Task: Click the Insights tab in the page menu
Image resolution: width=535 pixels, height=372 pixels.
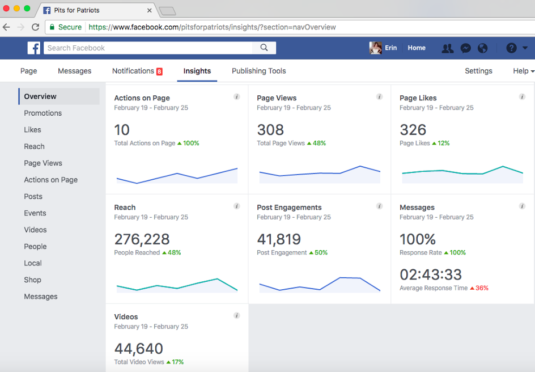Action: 197,71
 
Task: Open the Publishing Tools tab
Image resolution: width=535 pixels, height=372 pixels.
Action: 258,71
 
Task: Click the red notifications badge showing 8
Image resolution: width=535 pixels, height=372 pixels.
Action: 159,71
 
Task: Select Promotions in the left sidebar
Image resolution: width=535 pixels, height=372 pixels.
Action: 43,113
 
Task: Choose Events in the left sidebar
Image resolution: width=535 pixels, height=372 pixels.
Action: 35,213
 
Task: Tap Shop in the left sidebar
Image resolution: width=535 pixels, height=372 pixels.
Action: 32,280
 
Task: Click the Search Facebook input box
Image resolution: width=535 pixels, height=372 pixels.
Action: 150,48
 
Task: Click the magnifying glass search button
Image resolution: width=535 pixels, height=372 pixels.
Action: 264,48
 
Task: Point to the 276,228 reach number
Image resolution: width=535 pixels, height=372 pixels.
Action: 142,239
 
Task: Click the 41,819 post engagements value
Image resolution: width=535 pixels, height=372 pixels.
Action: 279,239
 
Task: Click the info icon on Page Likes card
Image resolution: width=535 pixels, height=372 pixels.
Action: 522,97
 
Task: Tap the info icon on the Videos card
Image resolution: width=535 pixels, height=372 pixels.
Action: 237,315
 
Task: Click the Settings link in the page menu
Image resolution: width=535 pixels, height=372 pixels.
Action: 478,71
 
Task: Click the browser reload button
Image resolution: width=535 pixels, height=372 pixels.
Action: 35,27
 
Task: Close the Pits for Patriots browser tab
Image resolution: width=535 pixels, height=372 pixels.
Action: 150,10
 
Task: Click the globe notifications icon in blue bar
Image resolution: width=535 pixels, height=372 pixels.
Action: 483,48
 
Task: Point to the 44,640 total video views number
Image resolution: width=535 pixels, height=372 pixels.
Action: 139,348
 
